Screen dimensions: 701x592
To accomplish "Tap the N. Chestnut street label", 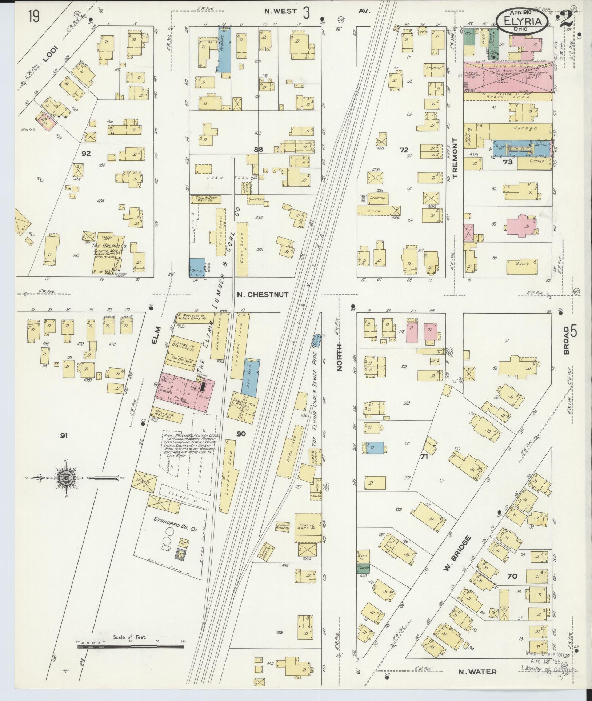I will [x=263, y=295].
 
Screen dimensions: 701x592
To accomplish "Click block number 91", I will [x=64, y=435].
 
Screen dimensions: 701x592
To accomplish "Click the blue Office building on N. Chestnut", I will [x=197, y=268].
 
